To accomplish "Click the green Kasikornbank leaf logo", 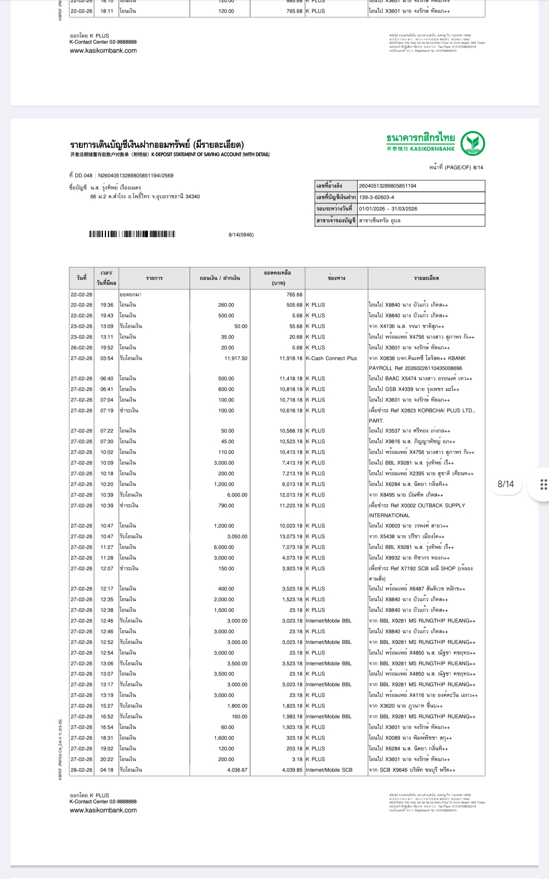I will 473,143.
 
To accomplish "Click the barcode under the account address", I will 132,234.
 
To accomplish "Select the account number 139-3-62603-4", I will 377,198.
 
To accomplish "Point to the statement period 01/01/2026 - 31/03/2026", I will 388,209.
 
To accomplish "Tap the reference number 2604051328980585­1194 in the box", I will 387,186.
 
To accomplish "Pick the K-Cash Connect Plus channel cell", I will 331,358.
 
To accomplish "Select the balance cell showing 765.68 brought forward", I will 294,295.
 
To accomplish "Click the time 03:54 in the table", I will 107,358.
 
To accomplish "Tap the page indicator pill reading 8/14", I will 506,484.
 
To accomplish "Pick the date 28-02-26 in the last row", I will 82,770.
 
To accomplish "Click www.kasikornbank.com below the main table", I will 103,810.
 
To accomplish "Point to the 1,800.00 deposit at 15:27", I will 237,706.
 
